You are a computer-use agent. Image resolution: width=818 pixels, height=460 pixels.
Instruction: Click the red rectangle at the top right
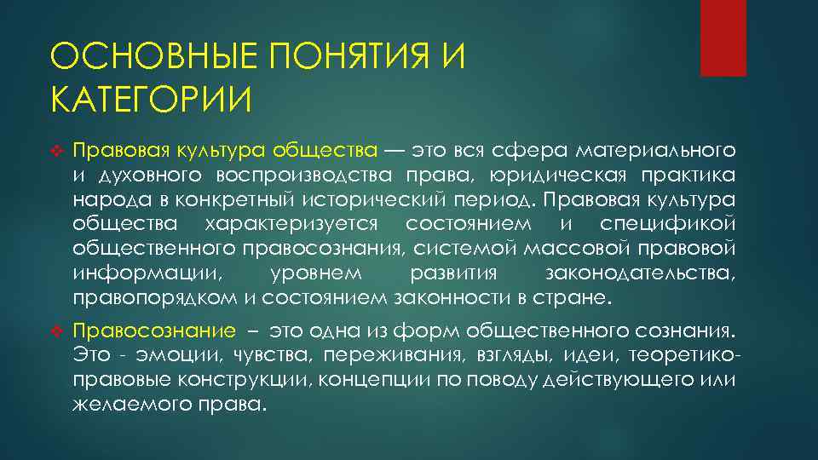[723, 37]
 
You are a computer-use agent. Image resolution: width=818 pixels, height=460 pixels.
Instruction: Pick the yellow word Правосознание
[153, 331]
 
